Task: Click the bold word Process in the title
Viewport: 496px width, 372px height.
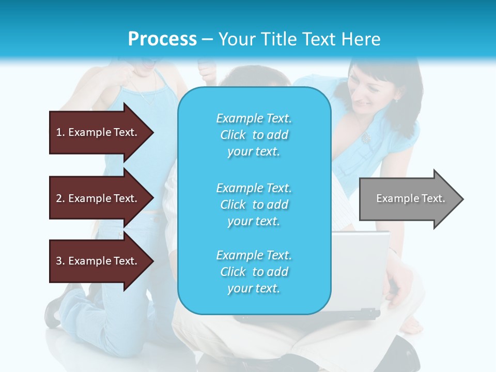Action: click(162, 39)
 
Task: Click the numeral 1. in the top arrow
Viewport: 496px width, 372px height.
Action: click(60, 132)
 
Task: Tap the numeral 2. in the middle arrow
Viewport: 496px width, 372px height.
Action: click(60, 198)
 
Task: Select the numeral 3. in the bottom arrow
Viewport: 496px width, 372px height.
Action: click(60, 261)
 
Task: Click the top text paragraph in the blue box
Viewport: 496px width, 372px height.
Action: click(254, 135)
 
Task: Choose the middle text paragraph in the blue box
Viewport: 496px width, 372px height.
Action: click(254, 204)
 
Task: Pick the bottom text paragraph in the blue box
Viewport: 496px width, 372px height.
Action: click(254, 272)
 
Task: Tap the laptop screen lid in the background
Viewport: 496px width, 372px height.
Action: click(362, 269)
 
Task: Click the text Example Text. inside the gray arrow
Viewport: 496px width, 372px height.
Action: click(410, 198)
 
